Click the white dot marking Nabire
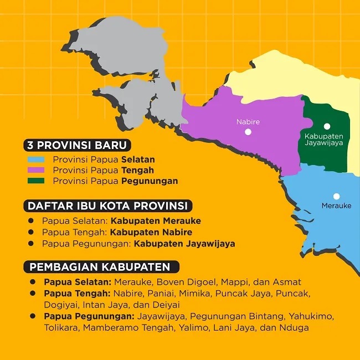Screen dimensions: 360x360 tap(248, 132)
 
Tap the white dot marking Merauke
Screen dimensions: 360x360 tap(336, 196)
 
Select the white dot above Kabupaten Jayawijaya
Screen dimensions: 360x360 tap(327, 126)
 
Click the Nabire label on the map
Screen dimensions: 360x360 tap(248, 122)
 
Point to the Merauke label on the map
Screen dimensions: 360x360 tap(336, 205)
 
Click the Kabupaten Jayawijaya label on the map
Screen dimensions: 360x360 tap(324, 139)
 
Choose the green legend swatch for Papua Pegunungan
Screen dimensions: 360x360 tap(36, 181)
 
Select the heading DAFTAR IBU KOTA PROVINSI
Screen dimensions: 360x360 tap(107, 206)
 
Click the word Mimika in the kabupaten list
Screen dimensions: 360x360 tap(196, 294)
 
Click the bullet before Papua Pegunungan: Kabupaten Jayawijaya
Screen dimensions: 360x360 tap(32, 244)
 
